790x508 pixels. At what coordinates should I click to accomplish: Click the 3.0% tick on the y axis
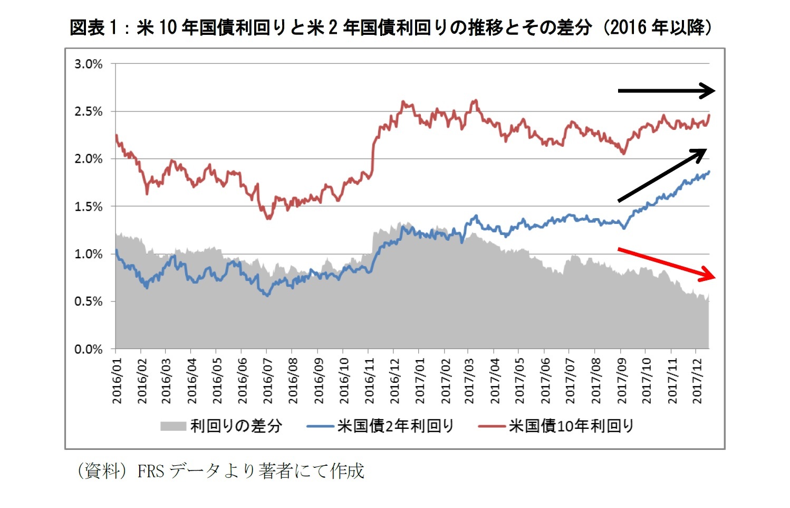click(x=88, y=64)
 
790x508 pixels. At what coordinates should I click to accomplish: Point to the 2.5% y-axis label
click(x=88, y=112)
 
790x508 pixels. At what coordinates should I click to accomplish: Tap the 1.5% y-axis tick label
click(x=88, y=207)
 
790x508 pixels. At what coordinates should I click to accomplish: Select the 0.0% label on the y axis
click(x=88, y=350)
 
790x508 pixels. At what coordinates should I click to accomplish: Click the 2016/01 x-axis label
click(x=117, y=381)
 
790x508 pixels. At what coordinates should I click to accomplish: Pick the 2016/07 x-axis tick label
click(x=268, y=381)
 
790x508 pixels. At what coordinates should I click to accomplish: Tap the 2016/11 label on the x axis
click(x=369, y=381)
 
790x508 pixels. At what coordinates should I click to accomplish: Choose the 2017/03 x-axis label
click(x=469, y=381)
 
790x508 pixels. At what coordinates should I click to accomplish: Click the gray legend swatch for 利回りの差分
click(x=173, y=426)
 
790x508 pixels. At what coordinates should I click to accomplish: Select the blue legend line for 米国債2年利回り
click(x=320, y=426)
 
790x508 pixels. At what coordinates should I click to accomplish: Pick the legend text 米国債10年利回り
click(x=571, y=426)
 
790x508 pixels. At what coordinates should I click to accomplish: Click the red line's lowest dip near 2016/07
click(x=268, y=218)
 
